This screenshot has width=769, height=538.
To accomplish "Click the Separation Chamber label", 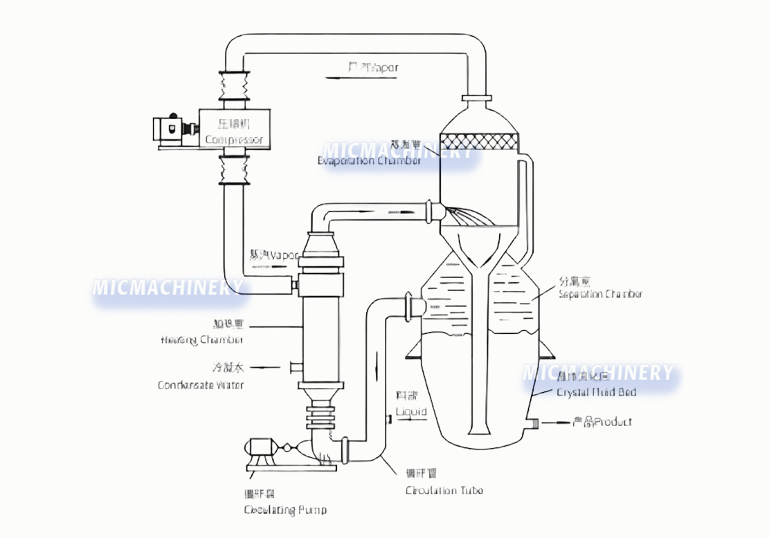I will tap(600, 293).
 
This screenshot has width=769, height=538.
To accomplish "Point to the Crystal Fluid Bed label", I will tap(597, 392).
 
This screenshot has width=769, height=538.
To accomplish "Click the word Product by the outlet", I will tap(613, 422).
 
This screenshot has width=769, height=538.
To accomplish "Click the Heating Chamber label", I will tap(201, 340).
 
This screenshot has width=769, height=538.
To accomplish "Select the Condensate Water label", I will tap(201, 384).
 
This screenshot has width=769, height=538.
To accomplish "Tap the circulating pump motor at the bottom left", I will tap(262, 451).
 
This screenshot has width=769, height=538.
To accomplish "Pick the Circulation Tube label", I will tap(444, 490).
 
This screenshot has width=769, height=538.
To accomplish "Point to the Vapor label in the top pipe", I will tap(384, 68).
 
